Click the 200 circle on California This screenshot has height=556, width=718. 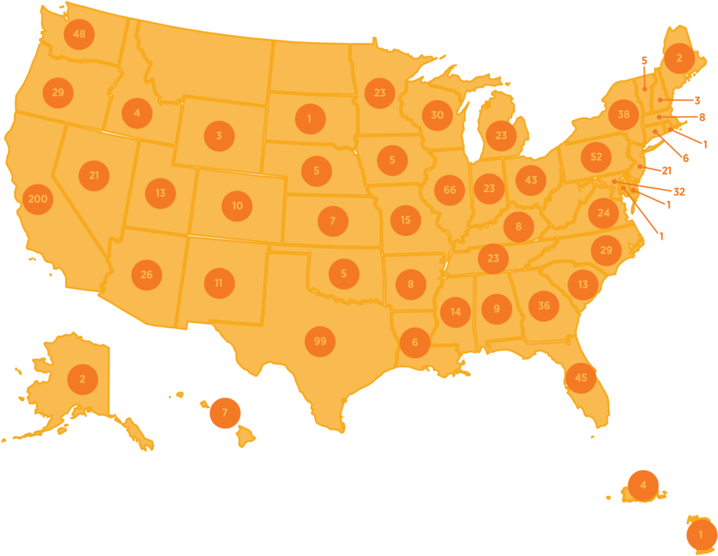click(x=37, y=199)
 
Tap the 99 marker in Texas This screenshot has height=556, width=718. click(x=320, y=341)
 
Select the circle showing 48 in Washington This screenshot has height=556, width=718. click(x=79, y=34)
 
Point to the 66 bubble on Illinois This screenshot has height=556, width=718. click(x=449, y=190)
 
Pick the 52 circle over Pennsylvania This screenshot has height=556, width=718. click(x=596, y=157)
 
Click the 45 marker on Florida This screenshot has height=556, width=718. click(x=581, y=378)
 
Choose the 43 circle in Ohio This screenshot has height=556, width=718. click(x=531, y=180)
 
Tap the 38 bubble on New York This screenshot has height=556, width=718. click(x=624, y=115)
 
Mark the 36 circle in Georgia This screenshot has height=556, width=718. click(x=544, y=306)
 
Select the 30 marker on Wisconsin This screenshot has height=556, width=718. click(x=437, y=115)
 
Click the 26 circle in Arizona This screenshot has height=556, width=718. click(x=147, y=275)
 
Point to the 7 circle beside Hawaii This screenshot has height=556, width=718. click(x=224, y=413)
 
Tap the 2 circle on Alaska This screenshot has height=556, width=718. click(x=82, y=379)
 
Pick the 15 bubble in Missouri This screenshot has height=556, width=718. click(x=405, y=220)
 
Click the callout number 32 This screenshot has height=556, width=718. click(x=679, y=192)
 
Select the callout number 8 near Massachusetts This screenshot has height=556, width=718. click(x=702, y=118)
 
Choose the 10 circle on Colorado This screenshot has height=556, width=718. click(x=237, y=206)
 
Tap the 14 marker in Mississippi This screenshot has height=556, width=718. click(x=455, y=312)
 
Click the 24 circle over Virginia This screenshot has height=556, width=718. click(x=603, y=213)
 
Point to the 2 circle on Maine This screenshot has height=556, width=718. click(x=679, y=58)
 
